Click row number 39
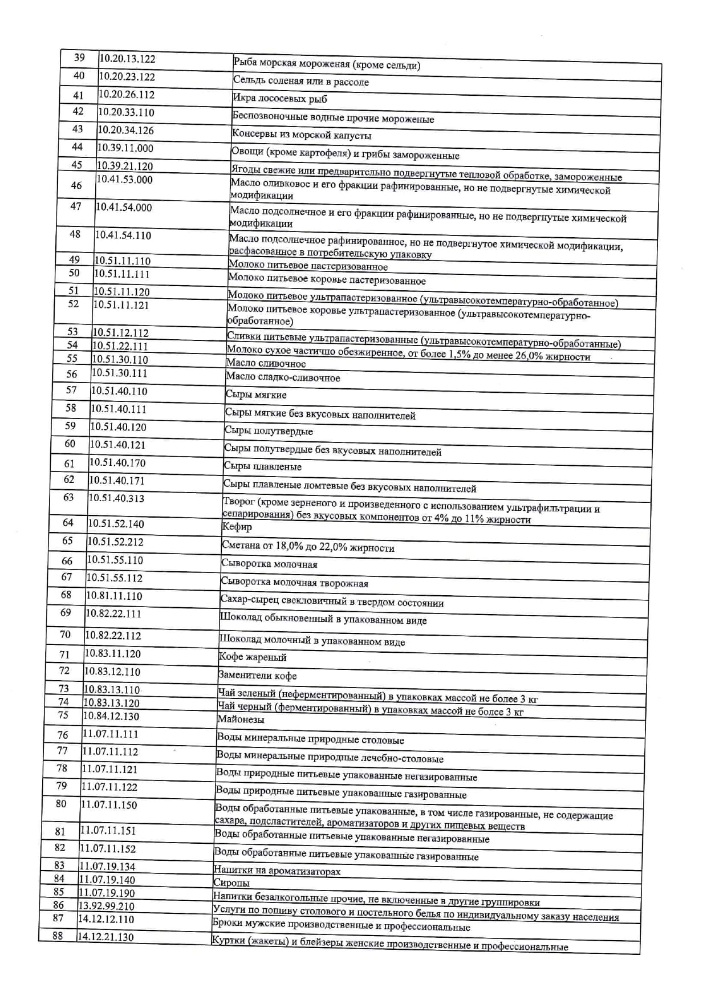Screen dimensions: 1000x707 pyautogui.click(x=79, y=58)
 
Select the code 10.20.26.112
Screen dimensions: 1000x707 pyautogui.click(x=126, y=95)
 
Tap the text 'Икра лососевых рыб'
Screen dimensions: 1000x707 pyautogui.click(x=280, y=99)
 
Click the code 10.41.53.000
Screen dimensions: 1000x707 pyautogui.click(x=124, y=180)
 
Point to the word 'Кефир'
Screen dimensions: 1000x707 pyautogui.click(x=237, y=527)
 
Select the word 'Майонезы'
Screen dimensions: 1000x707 pyautogui.click(x=241, y=719)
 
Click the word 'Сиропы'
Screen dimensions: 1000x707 pyautogui.click(x=231, y=883)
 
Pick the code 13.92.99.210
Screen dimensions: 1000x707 pyautogui.click(x=106, y=906)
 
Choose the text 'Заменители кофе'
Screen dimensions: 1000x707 pyautogui.click(x=257, y=676)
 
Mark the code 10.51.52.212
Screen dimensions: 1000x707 pyautogui.click(x=115, y=542)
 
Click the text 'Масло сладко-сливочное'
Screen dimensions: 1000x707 pyautogui.click(x=283, y=377)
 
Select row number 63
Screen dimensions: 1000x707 pyautogui.click(x=68, y=497)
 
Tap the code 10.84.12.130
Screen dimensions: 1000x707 pyautogui.click(x=111, y=716)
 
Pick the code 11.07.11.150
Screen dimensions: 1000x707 pyautogui.click(x=109, y=804)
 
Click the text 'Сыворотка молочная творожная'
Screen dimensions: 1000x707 pyautogui.click(x=294, y=583)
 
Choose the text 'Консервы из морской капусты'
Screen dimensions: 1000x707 pyautogui.click(x=302, y=135)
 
